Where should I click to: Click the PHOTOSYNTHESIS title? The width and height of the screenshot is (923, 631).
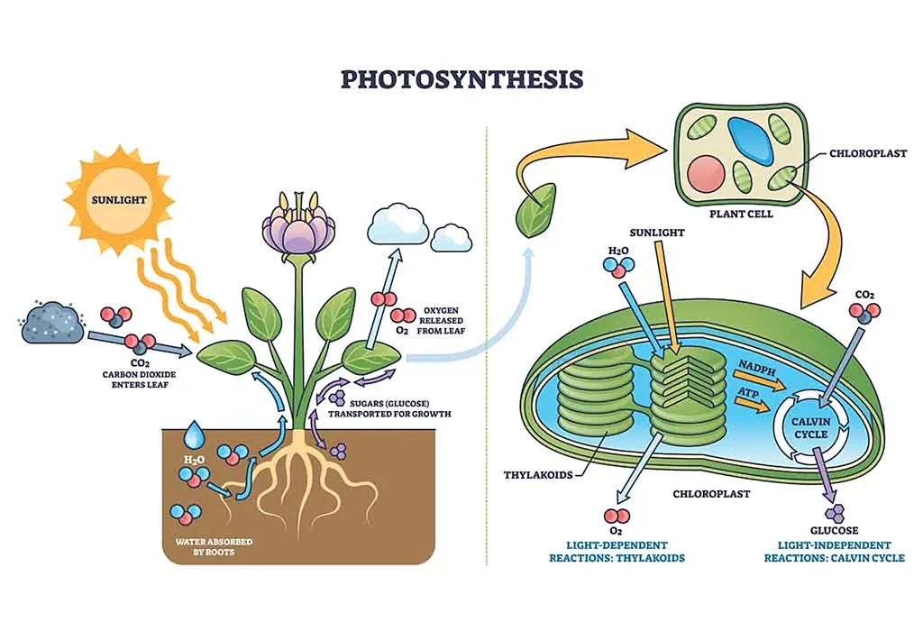tap(461, 79)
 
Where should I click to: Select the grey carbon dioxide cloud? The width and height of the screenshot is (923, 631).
tap(52, 323)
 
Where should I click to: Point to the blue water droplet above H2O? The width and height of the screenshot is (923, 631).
tap(194, 436)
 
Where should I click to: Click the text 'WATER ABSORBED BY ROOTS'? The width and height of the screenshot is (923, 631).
tap(213, 546)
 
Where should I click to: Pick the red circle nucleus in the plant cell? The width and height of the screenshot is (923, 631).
tap(707, 175)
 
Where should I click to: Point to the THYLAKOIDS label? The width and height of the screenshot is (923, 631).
tap(539, 475)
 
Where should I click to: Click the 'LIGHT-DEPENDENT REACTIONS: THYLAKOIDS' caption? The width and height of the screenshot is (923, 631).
tap(617, 552)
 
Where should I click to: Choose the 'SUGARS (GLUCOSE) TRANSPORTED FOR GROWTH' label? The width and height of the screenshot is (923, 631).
tap(389, 407)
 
